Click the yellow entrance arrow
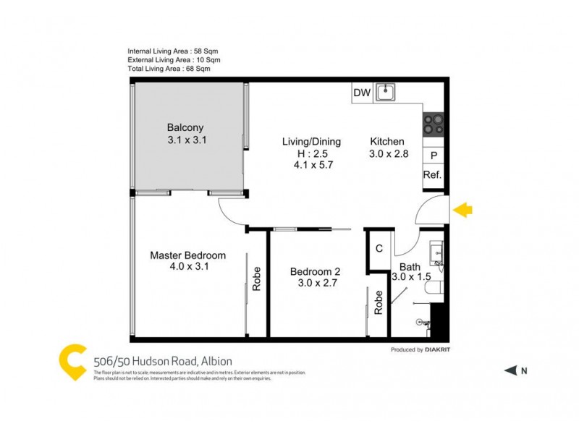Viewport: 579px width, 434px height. click(462, 210)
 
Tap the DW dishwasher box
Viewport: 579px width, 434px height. click(362, 93)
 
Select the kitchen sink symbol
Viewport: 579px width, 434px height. click(388, 92)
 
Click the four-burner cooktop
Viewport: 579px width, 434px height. click(433, 125)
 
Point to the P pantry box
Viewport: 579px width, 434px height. click(434, 156)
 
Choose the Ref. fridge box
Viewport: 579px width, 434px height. click(433, 175)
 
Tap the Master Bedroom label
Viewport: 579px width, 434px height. click(187, 255)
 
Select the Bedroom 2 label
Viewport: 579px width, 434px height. click(315, 271)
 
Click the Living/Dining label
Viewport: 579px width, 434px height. click(311, 142)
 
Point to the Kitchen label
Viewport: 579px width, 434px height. click(387, 142)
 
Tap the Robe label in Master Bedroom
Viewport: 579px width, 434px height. click(256, 280)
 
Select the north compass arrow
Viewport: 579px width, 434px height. click(510, 371)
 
